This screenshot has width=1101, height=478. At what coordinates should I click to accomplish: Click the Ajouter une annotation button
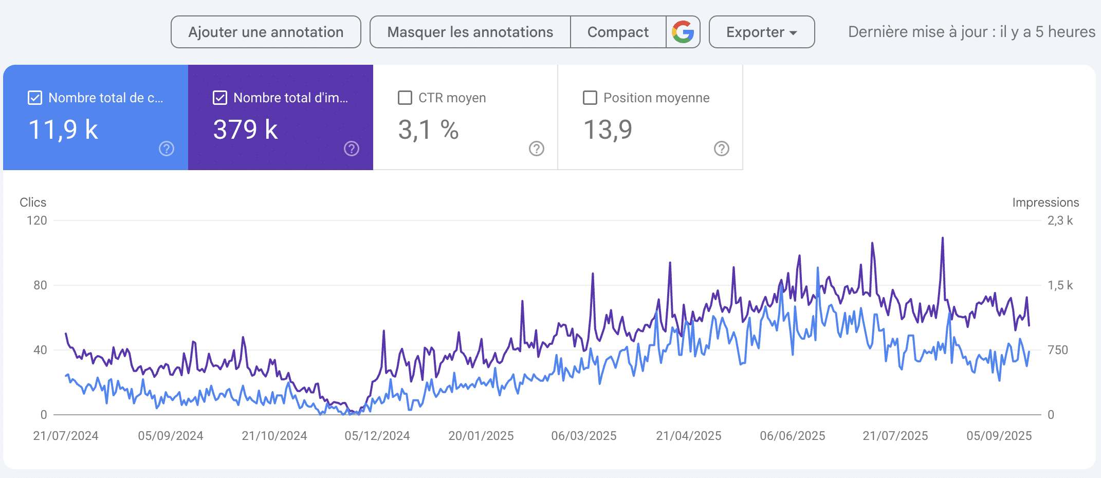click(266, 32)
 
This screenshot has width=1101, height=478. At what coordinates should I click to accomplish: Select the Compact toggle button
click(618, 32)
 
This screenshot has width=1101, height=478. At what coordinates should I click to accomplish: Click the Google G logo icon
click(683, 32)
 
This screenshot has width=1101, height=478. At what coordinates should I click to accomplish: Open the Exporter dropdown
click(761, 32)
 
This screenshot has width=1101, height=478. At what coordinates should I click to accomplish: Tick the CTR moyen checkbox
click(405, 98)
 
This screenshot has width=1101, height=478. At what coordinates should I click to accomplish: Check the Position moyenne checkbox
click(590, 98)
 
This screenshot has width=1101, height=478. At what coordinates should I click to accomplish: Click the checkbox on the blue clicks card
click(35, 98)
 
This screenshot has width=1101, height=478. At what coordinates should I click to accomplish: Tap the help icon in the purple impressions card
click(352, 149)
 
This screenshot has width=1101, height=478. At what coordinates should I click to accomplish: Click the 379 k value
click(246, 130)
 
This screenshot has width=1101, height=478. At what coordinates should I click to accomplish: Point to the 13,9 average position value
click(608, 130)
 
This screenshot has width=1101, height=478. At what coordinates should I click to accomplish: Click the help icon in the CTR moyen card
click(537, 149)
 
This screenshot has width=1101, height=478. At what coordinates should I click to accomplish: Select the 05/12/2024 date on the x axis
click(377, 436)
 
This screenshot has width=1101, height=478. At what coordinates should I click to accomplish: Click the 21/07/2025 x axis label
click(895, 436)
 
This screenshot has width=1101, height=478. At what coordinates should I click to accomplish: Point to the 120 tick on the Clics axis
click(37, 220)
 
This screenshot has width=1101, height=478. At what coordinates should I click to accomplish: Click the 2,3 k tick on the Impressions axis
click(1060, 220)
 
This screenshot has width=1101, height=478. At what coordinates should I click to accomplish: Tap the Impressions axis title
click(1045, 203)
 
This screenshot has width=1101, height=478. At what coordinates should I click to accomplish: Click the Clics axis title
click(33, 203)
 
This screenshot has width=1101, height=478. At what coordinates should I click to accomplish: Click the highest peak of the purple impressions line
click(943, 238)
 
